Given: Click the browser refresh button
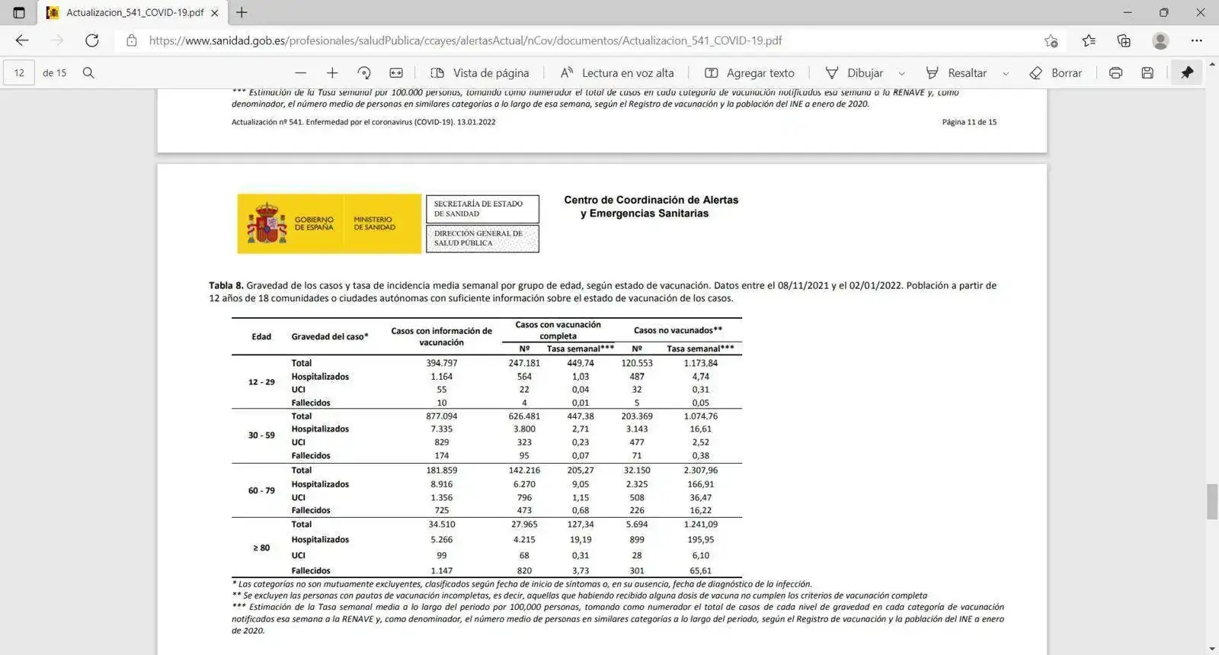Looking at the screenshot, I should point(92,40).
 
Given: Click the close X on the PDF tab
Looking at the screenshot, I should point(215,13).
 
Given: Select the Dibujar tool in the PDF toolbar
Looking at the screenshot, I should point(855,73).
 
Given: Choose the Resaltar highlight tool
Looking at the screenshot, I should point(957,73).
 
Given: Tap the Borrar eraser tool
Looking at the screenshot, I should point(1055,73).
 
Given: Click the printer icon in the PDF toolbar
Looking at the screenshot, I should point(1115,73).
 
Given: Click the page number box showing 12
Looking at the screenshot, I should point(19,73).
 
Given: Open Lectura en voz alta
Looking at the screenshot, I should point(617,73).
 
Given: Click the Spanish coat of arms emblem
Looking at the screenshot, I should point(266,223).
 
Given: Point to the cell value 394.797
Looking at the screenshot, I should point(441,363).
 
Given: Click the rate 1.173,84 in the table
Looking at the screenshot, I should point(700,363).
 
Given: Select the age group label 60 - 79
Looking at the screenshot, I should point(261,490).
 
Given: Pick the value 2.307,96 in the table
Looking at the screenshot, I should point(700,470).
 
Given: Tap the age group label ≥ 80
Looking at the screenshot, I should point(261,547).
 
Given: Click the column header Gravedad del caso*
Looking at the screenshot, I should point(329,336).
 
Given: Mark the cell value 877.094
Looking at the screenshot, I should point(441,416).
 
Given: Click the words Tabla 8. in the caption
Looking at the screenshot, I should point(226,286).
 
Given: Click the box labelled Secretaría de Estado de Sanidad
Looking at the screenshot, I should point(482,209).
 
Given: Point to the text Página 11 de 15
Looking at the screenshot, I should point(968,122).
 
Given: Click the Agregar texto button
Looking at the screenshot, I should point(750,73).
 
